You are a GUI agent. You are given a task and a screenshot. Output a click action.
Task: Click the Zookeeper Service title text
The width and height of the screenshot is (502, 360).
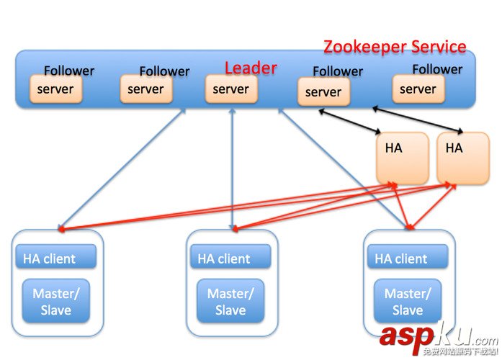point(395,47)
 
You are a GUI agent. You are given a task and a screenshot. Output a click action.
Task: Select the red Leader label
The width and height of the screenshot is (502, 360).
point(251,68)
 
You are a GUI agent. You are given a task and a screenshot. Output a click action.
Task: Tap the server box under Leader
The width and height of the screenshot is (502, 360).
point(231,89)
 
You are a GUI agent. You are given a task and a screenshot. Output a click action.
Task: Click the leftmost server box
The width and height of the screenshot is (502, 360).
point(56,89)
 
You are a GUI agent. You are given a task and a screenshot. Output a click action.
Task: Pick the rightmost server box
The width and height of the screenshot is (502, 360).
point(418,89)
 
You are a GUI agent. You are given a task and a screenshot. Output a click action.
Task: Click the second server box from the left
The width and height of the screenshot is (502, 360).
point(146,89)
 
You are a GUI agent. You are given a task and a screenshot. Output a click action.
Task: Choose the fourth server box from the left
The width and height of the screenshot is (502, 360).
point(323,92)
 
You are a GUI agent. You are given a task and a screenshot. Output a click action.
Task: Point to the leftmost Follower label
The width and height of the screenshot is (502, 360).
point(69,71)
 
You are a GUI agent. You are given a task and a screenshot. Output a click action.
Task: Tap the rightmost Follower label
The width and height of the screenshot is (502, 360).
point(437,69)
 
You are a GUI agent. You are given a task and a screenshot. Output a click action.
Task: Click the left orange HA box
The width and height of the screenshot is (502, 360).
point(402,158)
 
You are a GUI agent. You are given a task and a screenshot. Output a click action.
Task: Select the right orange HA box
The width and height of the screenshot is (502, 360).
point(462,158)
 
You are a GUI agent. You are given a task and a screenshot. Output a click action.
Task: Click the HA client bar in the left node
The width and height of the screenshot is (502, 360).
point(55,258)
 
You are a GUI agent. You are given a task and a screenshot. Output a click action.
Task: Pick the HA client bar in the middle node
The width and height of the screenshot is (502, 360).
point(230,258)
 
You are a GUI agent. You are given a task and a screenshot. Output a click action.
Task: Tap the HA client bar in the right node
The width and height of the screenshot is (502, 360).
point(408,258)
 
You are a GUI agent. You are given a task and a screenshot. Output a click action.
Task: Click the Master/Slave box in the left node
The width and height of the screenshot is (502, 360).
point(56,301)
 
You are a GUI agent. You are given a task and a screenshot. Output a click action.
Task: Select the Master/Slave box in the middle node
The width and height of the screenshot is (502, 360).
point(230,301)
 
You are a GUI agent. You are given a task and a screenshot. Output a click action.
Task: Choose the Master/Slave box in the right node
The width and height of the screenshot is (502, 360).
point(408,301)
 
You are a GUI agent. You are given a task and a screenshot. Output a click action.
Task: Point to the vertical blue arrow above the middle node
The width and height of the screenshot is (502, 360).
point(232,169)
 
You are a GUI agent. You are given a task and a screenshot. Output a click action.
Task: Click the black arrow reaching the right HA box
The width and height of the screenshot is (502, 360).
point(418,120)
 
